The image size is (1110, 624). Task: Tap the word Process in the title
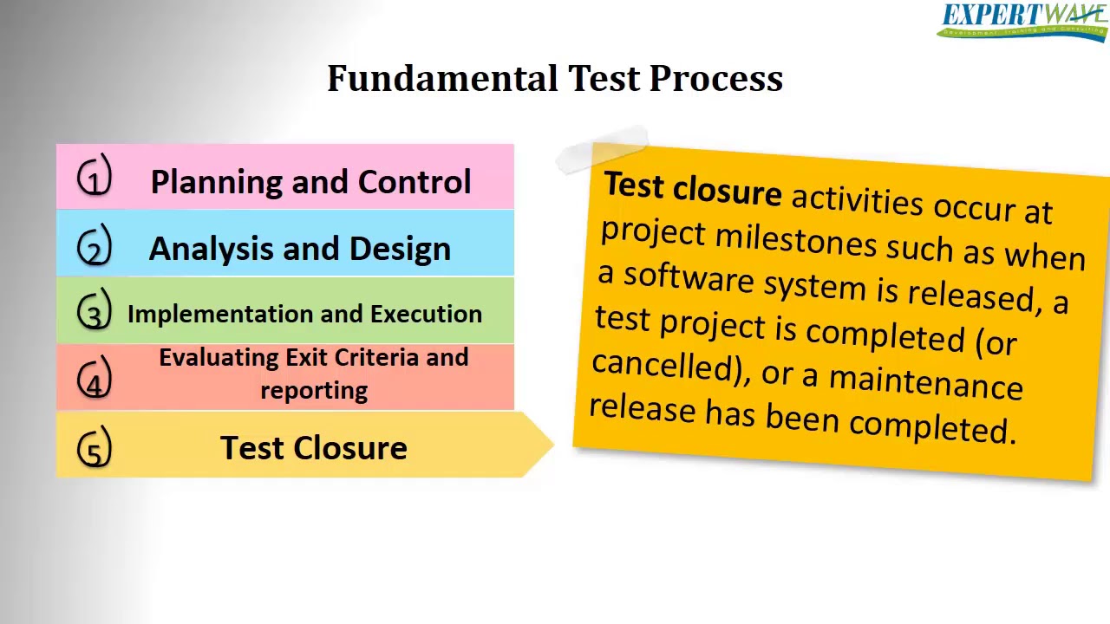click(x=716, y=79)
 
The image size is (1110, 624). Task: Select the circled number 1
click(x=95, y=178)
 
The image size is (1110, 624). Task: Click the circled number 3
click(x=95, y=311)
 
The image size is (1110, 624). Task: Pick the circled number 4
click(x=95, y=378)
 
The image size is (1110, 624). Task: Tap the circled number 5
click(x=95, y=447)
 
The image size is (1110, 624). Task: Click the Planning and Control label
click(x=310, y=182)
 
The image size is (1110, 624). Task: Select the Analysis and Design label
click(x=300, y=249)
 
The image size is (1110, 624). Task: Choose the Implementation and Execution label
click(x=304, y=314)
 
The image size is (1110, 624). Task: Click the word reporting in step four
click(x=313, y=391)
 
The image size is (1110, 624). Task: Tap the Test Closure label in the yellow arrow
click(x=313, y=448)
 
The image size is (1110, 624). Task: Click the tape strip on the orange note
click(x=603, y=149)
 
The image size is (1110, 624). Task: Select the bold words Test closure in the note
click(x=692, y=189)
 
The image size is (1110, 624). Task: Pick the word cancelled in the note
click(x=663, y=365)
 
